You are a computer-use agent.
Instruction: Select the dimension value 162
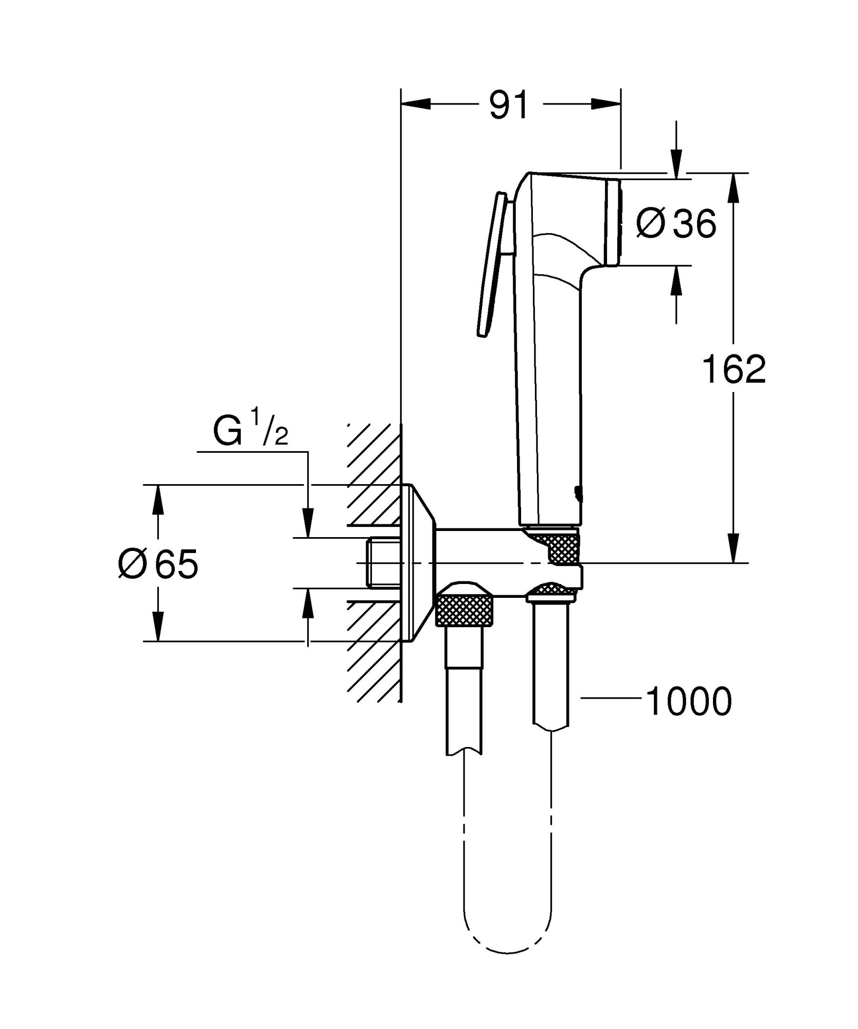click(734, 369)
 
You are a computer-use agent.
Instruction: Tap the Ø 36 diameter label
click(675, 224)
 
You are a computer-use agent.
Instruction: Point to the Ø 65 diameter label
click(158, 564)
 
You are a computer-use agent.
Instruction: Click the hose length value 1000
click(689, 701)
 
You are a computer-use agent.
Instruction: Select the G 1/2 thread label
click(251, 433)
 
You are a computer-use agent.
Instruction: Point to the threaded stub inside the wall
click(384, 562)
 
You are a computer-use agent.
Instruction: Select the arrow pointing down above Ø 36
click(676, 162)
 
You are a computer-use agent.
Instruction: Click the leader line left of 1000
click(611, 698)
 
